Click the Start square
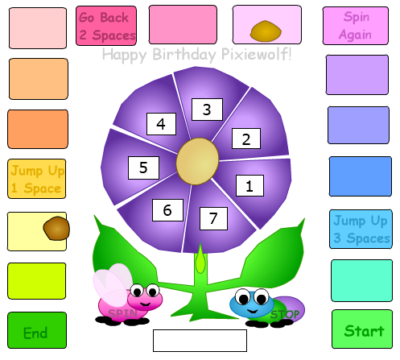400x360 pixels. [x=362, y=329]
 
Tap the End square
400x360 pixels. [x=37, y=330]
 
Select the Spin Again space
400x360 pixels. [x=356, y=26]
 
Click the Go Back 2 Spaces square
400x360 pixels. [x=106, y=26]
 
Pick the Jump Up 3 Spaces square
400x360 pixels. [x=361, y=229]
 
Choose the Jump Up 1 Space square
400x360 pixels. [x=37, y=179]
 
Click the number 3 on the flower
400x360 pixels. [x=207, y=110]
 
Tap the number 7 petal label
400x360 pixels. [x=213, y=218]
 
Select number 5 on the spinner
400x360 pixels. [x=143, y=168]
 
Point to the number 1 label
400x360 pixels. [x=249, y=186]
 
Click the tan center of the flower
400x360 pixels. [x=197, y=161]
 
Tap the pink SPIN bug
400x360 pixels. [x=127, y=296]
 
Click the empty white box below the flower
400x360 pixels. [x=200, y=341]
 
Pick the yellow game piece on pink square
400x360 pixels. [x=266, y=31]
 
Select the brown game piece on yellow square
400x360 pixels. [x=56, y=228]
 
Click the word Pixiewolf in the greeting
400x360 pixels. [x=256, y=54]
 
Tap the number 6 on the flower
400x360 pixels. [x=167, y=210]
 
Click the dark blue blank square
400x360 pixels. [x=361, y=176]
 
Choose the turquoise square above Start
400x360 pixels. [x=361, y=280]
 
